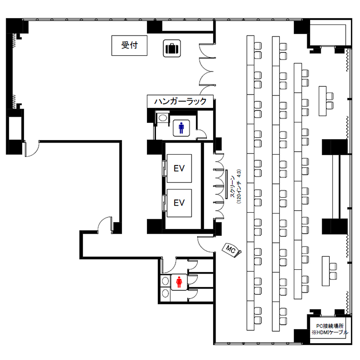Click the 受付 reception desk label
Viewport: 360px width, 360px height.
click(x=129, y=45)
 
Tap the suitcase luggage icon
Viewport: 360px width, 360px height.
click(x=172, y=48)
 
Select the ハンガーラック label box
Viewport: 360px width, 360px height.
click(x=180, y=101)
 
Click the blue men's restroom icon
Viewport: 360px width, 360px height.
click(x=181, y=128)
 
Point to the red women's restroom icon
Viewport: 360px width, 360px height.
click(x=179, y=282)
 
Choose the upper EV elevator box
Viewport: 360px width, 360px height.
click(x=179, y=168)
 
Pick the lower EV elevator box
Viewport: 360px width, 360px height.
click(x=179, y=203)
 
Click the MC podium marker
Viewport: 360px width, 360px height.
click(x=232, y=250)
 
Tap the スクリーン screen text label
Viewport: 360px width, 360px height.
click(x=233, y=186)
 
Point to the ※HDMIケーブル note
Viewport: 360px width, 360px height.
click(x=330, y=332)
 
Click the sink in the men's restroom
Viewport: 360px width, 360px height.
click(x=163, y=118)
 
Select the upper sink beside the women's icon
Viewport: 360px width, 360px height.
click(x=165, y=281)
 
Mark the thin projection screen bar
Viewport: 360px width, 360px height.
click(x=227, y=184)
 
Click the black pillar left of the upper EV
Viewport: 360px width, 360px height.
click(x=155, y=147)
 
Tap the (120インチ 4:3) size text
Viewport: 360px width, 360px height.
click(x=239, y=186)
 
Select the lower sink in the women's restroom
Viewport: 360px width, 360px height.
click(x=165, y=293)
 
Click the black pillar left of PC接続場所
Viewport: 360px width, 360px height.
click(x=301, y=336)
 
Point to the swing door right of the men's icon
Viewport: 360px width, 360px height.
click(x=201, y=134)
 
